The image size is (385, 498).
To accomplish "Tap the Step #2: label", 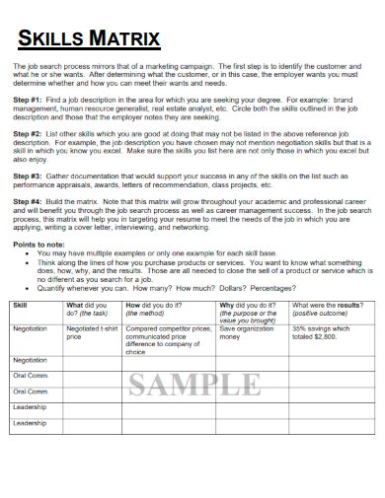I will click(x=29, y=131).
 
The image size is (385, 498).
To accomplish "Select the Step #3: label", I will click(x=29, y=176).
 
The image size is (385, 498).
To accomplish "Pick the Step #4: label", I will click(x=29, y=202).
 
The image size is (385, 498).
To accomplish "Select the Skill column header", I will click(x=21, y=306).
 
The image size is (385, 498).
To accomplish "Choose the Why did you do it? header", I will click(x=248, y=306).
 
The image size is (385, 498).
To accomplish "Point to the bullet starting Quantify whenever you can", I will click(x=148, y=287).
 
